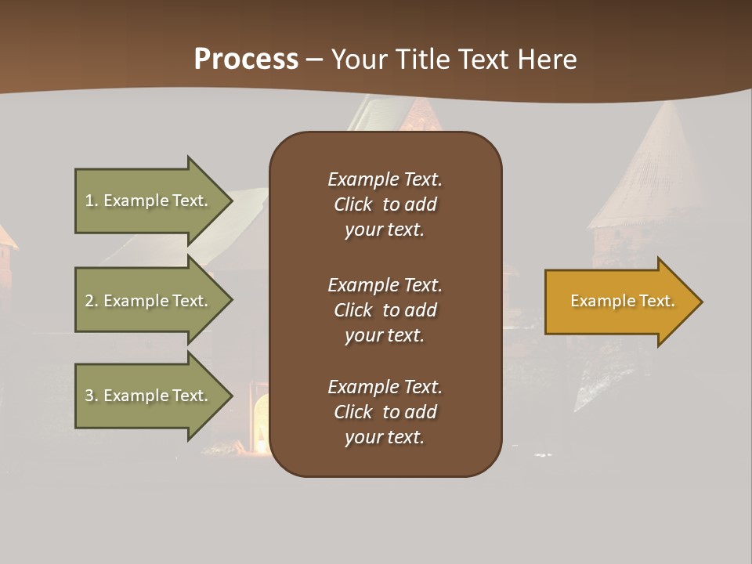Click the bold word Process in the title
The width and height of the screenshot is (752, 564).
coord(246,60)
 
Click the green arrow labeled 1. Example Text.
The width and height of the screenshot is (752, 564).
coord(149,201)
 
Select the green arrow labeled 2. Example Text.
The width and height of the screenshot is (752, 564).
coord(149,301)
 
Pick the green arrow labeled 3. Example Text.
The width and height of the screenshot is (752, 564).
coord(149,396)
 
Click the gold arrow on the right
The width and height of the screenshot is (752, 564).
coord(619,302)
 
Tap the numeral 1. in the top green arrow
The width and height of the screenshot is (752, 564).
coord(92,201)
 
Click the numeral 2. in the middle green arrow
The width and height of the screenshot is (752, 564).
coord(92,301)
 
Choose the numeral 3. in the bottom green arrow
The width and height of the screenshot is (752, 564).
coord(92,396)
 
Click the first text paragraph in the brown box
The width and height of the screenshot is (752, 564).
coord(385,204)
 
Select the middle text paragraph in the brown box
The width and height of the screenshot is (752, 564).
coord(385,310)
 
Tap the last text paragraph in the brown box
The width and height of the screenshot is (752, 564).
coord(385,412)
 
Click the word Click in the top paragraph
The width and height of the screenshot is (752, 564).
coord(352,204)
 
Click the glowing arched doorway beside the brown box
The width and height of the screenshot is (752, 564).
coord(261,423)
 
